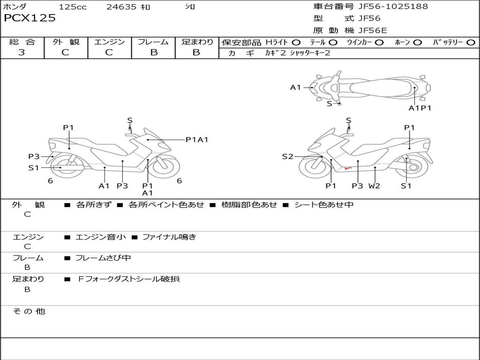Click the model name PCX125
tap(30, 18)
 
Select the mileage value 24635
tap(122, 7)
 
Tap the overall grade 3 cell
tap(22, 52)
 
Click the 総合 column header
tap(22, 42)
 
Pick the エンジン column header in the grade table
tap(109, 42)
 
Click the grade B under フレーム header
tap(153, 52)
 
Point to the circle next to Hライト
tap(296, 43)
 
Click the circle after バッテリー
tap(471, 43)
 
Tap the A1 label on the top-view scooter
tap(295, 87)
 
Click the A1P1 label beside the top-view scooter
tap(420, 108)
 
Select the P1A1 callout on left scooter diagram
tap(197, 139)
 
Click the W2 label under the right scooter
tap(374, 186)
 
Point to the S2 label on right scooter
tap(287, 157)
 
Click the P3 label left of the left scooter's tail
tap(34, 157)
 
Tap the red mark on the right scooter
tap(347, 167)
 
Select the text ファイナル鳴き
tap(169, 237)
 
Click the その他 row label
tap(29, 311)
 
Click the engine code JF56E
tap(373, 30)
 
